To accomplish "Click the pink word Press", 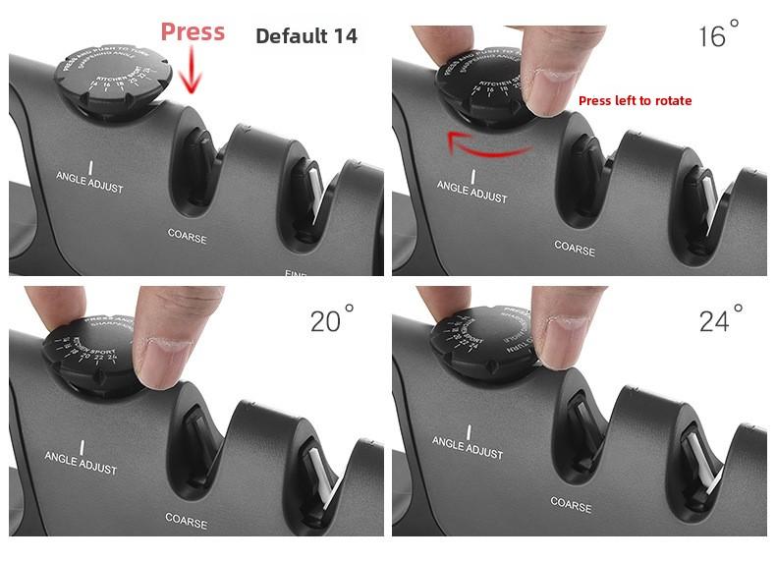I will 193,31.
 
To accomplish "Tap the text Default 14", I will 305,37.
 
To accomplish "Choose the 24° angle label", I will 721,321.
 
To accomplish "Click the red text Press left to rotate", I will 635,100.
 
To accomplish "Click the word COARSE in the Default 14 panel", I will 187,237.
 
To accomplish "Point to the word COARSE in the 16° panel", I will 575,247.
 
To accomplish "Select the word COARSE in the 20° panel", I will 186,520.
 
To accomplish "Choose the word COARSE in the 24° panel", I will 571,503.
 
